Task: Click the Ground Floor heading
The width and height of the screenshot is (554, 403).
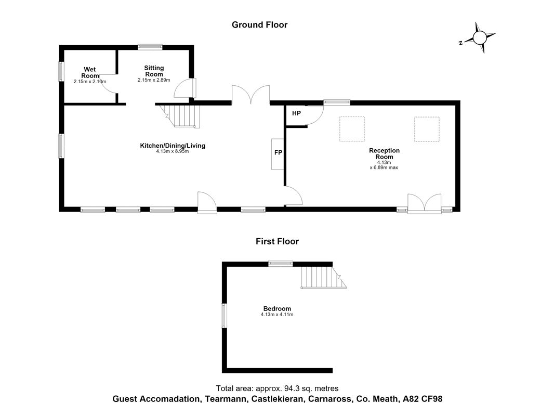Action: [x=259, y=25]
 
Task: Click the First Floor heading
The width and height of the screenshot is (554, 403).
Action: [x=278, y=241]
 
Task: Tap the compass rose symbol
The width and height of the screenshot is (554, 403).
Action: [x=480, y=38]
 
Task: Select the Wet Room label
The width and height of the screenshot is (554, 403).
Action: [x=90, y=72]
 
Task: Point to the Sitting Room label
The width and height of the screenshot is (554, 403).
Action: [x=154, y=71]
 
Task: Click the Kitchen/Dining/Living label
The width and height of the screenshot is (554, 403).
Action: [x=173, y=145]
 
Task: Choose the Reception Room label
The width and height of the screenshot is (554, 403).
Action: [x=384, y=153]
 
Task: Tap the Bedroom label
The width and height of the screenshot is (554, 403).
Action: [x=277, y=308]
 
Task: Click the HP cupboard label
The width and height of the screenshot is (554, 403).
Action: [x=296, y=113]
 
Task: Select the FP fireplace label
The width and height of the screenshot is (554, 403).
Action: [x=278, y=152]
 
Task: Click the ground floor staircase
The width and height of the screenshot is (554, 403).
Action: [x=180, y=115]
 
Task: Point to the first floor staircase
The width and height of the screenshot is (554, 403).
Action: [x=324, y=278]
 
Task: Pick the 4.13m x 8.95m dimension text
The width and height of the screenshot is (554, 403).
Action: [x=173, y=151]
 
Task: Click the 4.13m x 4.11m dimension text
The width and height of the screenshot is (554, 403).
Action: [x=277, y=314]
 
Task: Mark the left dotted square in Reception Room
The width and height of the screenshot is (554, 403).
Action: [x=352, y=129]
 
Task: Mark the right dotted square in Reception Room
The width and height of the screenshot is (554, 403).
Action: [x=427, y=129]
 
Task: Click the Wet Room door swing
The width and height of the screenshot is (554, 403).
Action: [x=108, y=84]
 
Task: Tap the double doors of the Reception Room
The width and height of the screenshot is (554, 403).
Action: [x=424, y=203]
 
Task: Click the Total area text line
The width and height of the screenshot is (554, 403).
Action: [x=277, y=388]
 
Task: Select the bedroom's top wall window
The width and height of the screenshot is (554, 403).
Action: [x=280, y=264]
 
